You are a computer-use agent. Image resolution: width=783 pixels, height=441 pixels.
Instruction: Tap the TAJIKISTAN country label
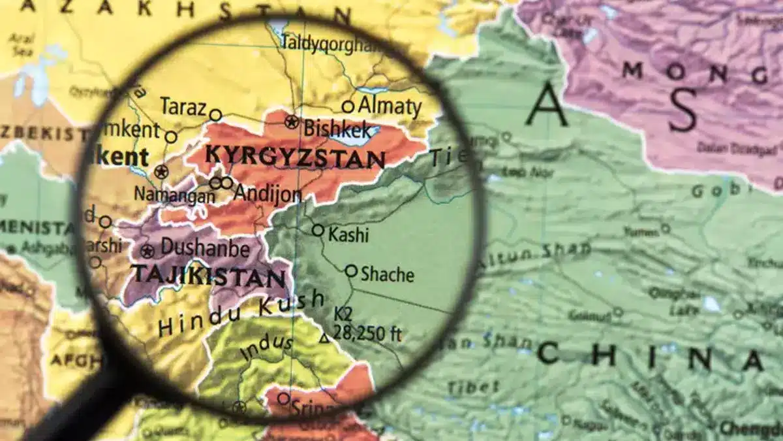click(209, 275)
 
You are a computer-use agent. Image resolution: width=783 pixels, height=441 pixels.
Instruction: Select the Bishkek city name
click(339, 127)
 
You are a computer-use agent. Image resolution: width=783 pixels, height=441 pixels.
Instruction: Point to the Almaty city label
click(390, 106)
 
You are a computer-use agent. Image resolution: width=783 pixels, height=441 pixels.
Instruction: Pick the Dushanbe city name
click(204, 248)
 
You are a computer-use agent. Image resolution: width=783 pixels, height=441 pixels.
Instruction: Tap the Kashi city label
click(348, 235)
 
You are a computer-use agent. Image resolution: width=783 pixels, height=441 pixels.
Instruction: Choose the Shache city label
click(387, 274)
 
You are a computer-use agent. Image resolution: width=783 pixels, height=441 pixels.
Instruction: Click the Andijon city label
click(268, 193)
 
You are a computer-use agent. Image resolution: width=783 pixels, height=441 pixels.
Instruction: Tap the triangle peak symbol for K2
click(324, 338)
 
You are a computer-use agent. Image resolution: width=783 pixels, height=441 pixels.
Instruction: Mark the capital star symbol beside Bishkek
click(291, 122)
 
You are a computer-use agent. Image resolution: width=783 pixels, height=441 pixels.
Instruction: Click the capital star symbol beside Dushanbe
click(147, 251)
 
